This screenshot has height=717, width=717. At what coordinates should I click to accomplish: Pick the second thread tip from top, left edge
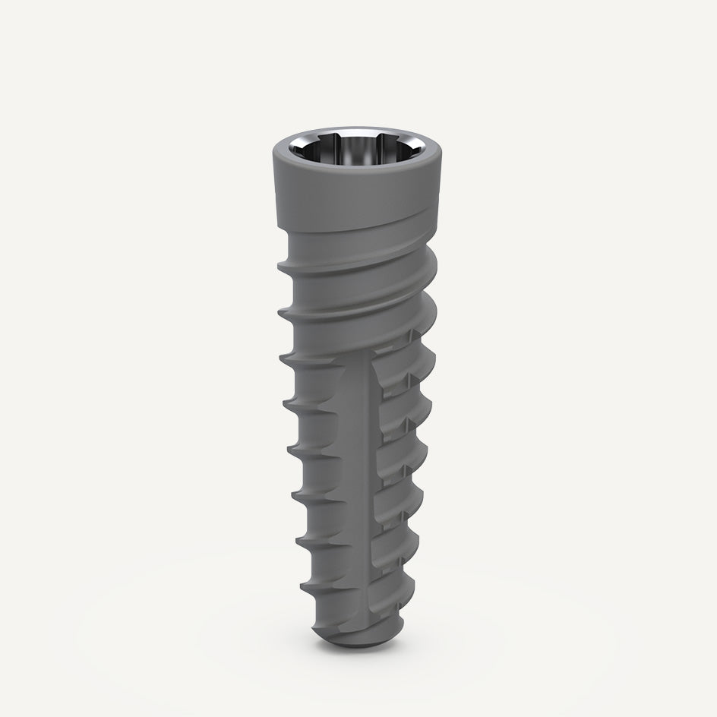point(282,311)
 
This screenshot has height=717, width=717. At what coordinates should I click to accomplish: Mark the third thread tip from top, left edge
point(284,355)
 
